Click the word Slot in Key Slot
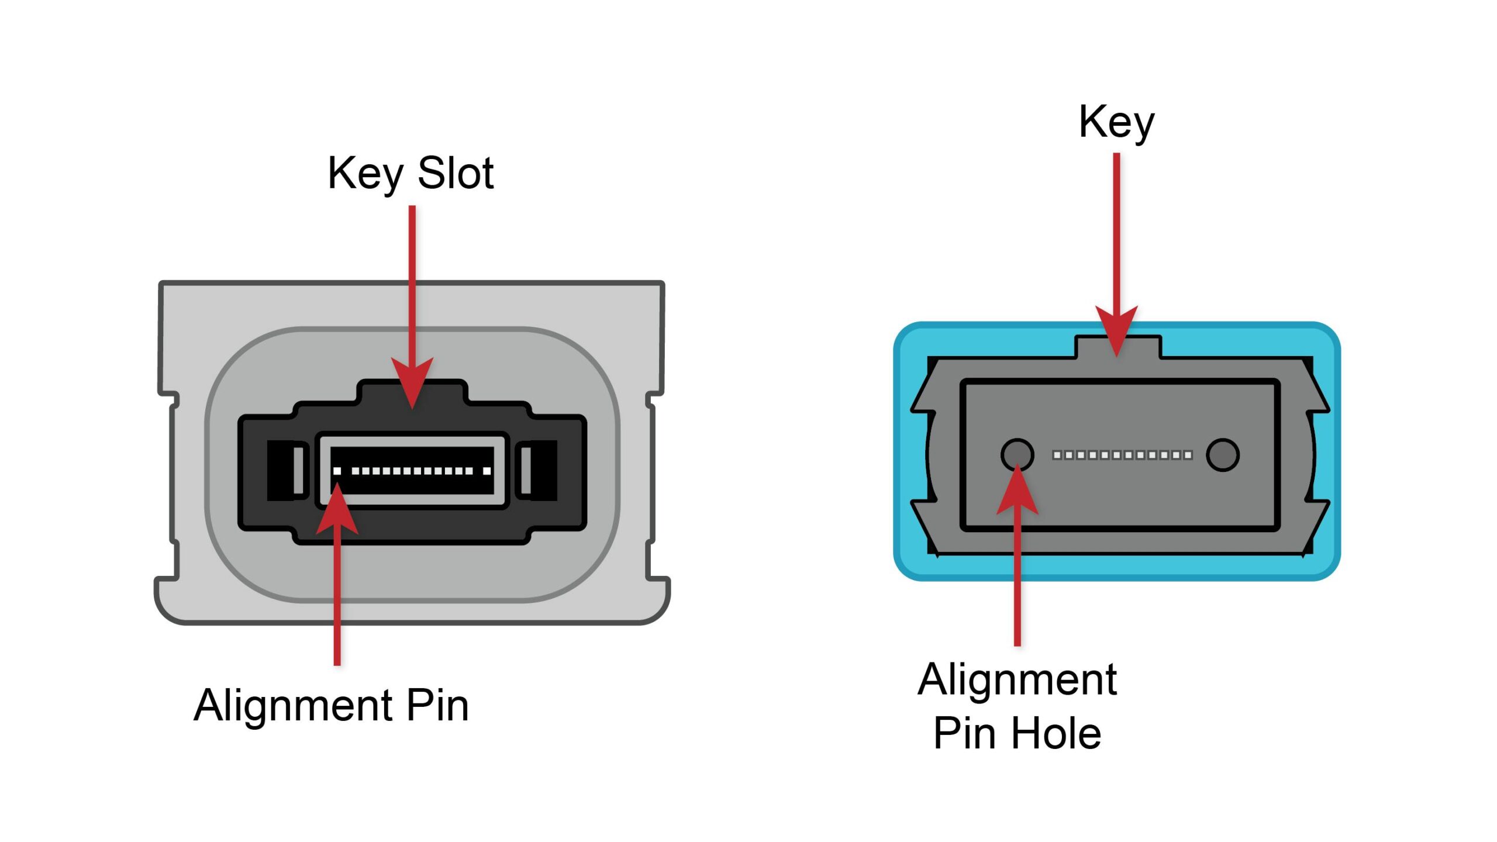(456, 174)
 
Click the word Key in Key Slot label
(366, 174)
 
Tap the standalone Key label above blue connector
(1116, 122)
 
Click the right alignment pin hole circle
(1222, 455)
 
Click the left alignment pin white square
(337, 471)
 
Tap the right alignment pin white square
(487, 471)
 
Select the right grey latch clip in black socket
(526, 470)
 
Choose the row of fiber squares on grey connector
(1122, 455)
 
